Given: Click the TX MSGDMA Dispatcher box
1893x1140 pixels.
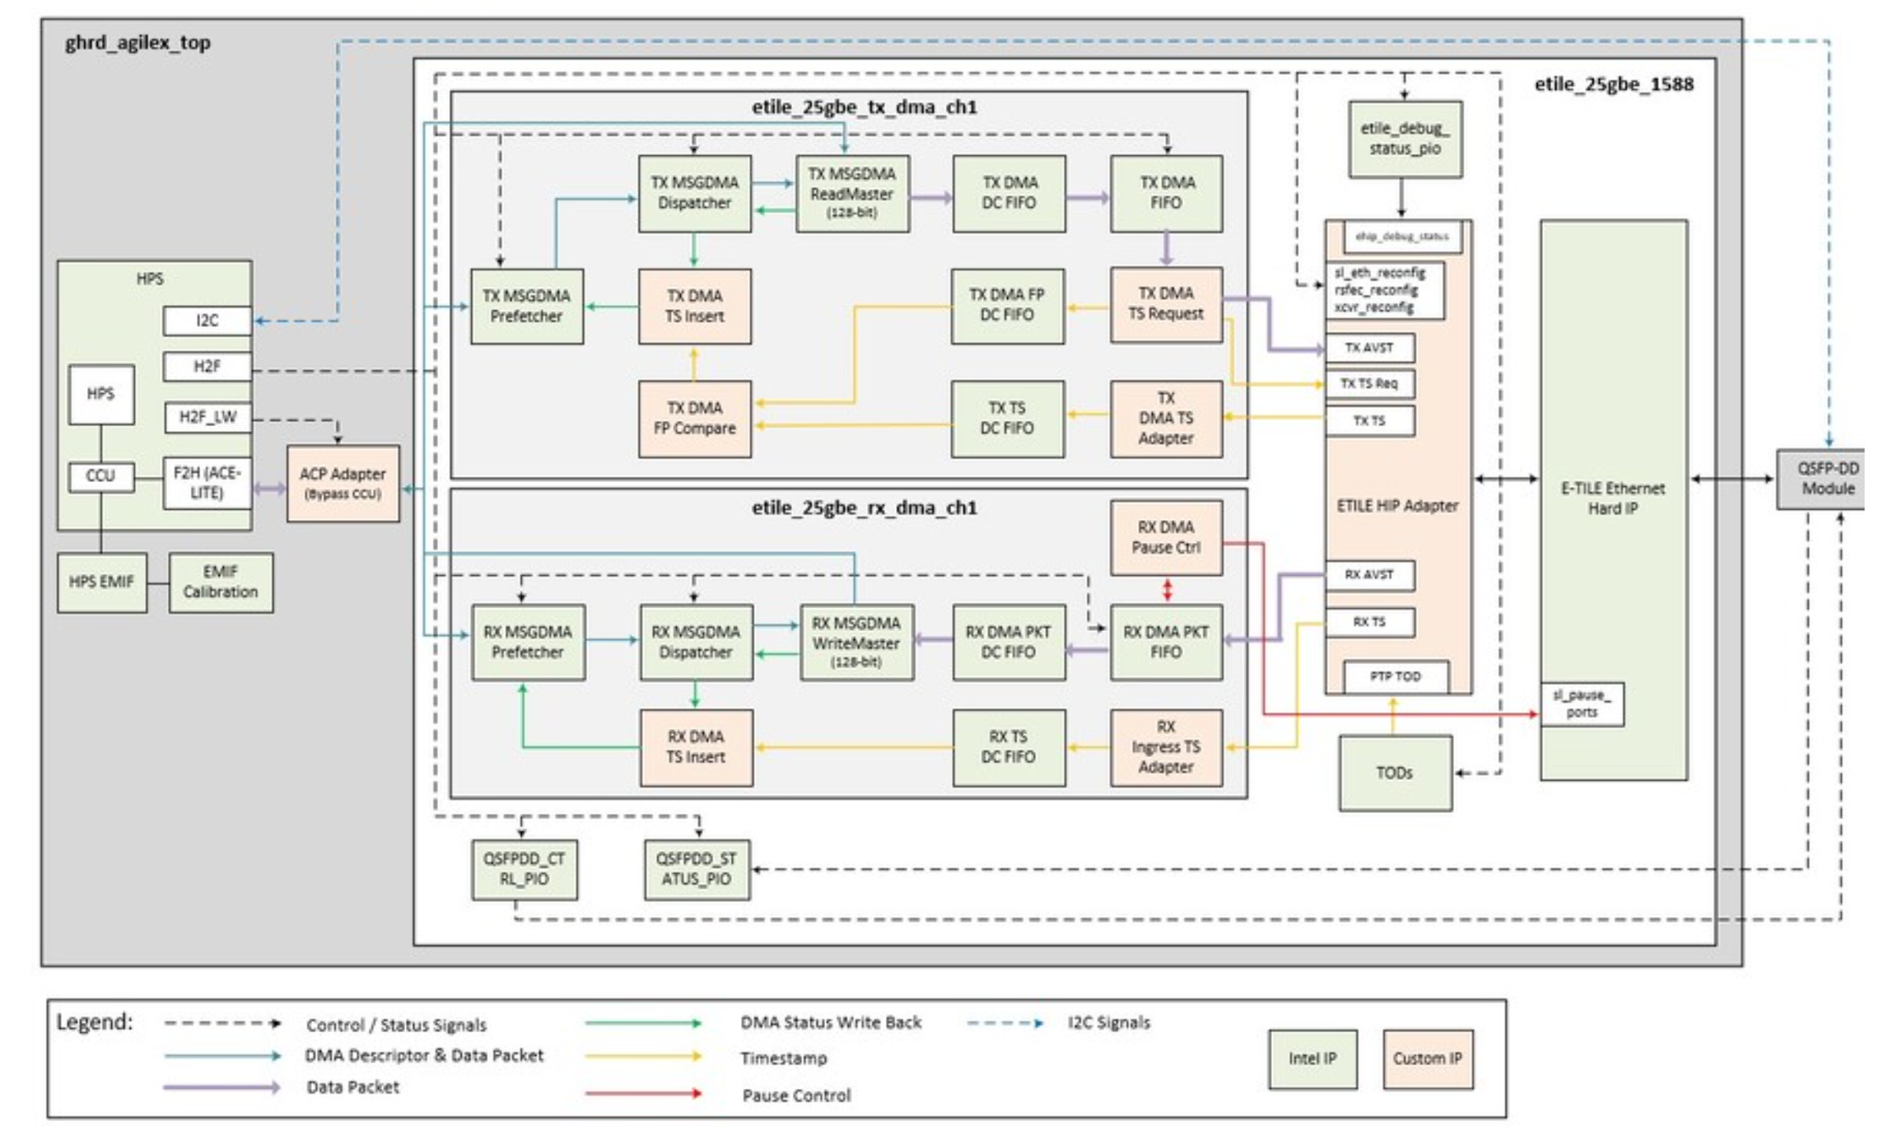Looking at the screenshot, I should point(694,193).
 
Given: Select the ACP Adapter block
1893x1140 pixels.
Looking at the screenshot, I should point(343,484).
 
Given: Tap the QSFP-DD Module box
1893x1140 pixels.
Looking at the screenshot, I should point(1827,479).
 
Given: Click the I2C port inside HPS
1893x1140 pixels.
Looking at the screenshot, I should point(207,321).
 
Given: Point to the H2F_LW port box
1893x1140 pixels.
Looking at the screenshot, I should point(207,418).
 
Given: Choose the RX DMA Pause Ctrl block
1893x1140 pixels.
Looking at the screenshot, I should point(1166,537).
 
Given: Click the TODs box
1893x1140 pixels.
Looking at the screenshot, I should point(1394,773).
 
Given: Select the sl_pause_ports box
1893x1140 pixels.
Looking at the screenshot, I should point(1582,704).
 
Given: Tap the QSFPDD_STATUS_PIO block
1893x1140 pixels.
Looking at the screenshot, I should point(697,869).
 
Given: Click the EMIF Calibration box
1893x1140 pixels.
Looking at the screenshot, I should point(221,582).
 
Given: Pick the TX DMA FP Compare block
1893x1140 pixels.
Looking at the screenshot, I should point(694,418).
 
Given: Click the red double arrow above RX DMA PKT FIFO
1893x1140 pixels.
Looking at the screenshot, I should point(1167,590).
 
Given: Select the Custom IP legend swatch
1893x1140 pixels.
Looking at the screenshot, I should point(1426,1059).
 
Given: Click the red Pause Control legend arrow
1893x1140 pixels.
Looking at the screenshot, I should point(642,1094).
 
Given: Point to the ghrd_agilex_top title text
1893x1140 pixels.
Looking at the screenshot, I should point(138,43).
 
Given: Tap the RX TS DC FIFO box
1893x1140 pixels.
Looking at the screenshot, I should point(1008,747).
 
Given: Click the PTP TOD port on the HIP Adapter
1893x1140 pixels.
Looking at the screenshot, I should point(1395,677).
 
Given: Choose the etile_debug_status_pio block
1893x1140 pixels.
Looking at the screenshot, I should point(1404,139).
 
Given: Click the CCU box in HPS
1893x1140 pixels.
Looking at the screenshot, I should point(100,477).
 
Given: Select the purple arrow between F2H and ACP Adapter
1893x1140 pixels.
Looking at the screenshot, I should point(270,489).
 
